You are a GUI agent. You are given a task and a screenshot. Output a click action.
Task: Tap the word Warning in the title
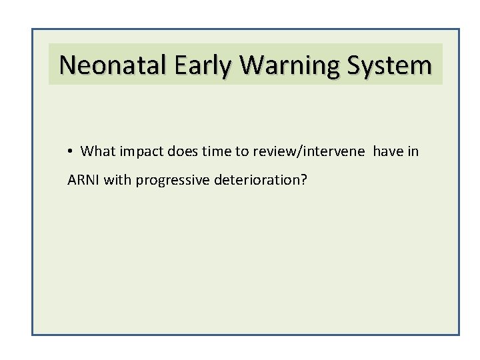[x=285, y=65]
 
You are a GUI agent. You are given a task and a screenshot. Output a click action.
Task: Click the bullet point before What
[x=70, y=152]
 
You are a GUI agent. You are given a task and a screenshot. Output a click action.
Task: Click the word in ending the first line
[x=413, y=152]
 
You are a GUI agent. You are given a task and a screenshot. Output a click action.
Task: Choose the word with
[x=117, y=180]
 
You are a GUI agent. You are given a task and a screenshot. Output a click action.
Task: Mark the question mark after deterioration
[x=304, y=180]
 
